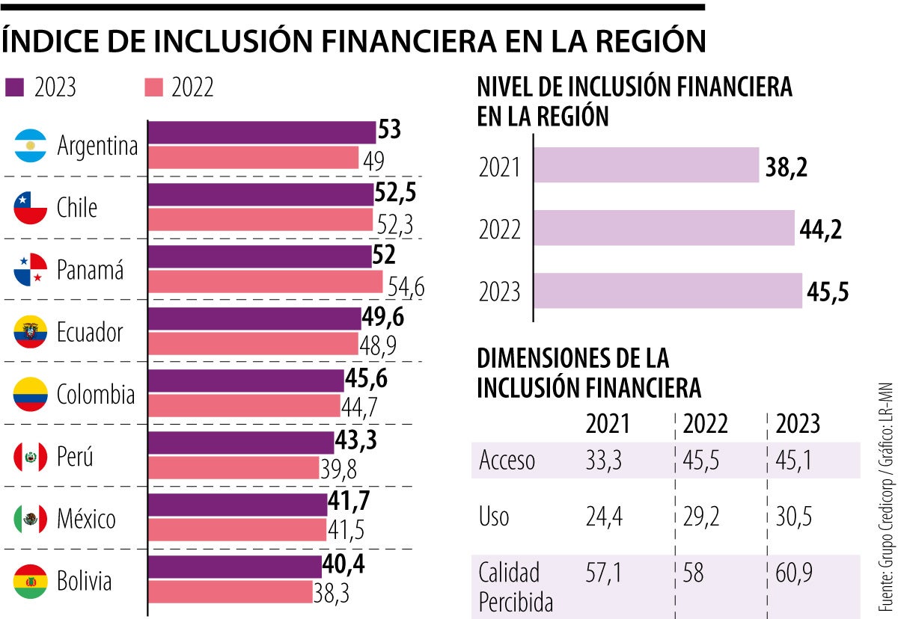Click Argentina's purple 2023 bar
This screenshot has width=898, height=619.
(x=262, y=132)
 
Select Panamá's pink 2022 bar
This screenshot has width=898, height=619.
(x=266, y=282)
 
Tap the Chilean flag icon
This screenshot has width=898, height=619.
(x=31, y=207)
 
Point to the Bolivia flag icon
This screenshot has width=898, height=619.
(x=31, y=580)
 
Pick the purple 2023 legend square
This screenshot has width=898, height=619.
(x=15, y=87)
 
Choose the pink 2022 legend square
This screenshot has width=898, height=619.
(x=153, y=87)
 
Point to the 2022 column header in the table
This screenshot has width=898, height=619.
(x=706, y=424)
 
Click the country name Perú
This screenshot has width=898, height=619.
(x=75, y=456)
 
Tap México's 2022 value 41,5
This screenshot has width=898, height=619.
(x=346, y=529)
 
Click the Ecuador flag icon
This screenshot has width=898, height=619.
(x=31, y=331)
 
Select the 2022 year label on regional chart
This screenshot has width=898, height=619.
(x=499, y=230)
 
